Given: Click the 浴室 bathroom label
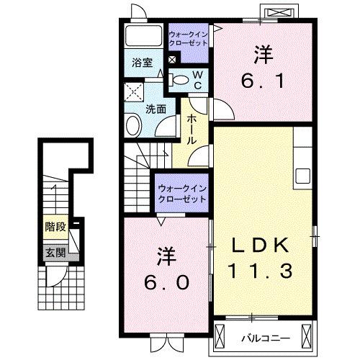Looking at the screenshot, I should pos(141,63).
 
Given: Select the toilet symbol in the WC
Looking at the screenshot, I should pos(183,78).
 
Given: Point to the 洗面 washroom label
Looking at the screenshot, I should pos(156,109).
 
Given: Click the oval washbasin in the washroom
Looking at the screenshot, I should pos(133,127).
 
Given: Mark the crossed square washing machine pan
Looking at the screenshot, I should pos(132,91).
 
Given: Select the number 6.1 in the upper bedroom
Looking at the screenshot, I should pos(264,78).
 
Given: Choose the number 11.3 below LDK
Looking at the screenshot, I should pos(261,271).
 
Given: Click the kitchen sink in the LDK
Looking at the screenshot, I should pos(302,176).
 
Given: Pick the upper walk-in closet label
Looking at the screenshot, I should pos(189,38).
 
